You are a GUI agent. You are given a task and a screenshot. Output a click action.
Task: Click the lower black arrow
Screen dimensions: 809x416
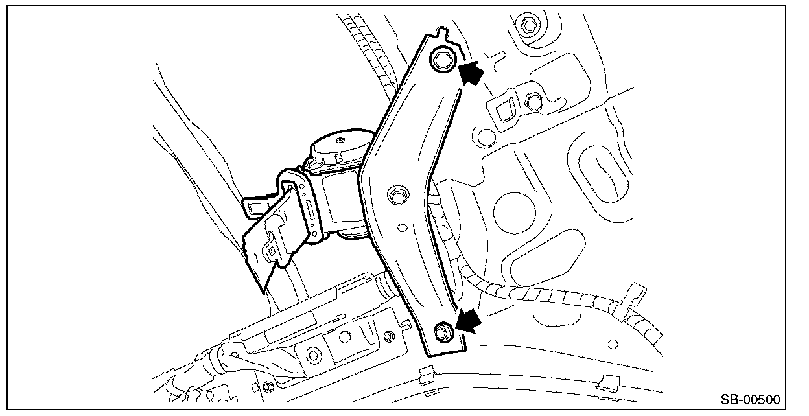coord(469,320)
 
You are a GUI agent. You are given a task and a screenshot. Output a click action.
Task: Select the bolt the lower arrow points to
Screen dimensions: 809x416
coord(443,332)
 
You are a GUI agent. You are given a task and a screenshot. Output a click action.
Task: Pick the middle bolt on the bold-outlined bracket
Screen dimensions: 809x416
coord(398,195)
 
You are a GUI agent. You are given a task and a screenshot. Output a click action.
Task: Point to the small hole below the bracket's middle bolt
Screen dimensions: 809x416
coord(402,228)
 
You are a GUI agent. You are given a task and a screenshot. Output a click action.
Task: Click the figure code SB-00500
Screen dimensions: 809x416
coord(750,400)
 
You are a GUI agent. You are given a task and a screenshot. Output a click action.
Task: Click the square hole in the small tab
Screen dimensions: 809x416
coord(504,110)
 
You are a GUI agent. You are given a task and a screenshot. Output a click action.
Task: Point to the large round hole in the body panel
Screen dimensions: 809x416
coord(514,213)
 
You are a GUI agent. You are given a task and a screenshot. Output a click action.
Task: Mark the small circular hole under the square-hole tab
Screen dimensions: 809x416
coord(486,137)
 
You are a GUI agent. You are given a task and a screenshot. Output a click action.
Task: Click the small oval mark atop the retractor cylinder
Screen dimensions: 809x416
coord(339,139)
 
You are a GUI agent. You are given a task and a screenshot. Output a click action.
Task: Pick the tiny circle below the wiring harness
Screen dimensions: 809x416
coord(613,344)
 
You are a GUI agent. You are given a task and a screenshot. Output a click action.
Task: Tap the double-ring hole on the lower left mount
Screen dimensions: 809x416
coord(313,356)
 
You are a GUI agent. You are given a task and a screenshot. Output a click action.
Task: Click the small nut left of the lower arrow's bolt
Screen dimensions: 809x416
coord(389,336)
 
